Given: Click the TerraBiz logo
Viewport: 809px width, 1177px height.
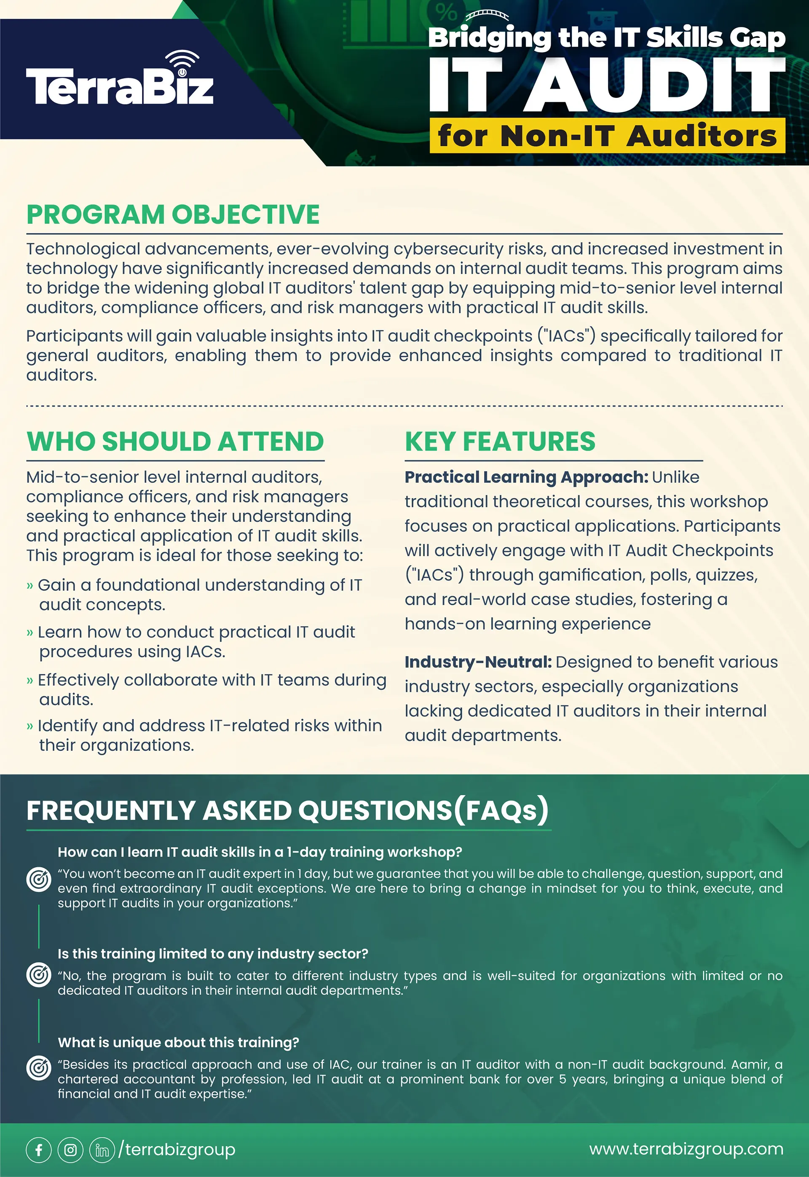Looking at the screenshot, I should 120,86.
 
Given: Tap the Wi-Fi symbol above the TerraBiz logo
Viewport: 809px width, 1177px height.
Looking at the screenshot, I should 182,62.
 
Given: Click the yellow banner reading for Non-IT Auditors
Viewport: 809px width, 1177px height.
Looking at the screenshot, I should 607,136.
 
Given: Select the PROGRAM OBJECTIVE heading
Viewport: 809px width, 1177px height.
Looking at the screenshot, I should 173,214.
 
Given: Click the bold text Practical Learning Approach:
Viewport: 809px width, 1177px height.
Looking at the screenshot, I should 526,477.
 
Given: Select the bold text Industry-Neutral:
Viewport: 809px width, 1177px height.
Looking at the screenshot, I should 477,662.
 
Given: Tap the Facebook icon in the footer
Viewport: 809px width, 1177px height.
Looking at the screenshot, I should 39,1150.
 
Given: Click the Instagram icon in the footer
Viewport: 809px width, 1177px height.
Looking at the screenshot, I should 70,1150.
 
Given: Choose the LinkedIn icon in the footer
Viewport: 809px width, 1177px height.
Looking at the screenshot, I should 102,1150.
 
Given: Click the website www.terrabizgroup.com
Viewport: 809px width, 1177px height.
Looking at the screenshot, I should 686,1149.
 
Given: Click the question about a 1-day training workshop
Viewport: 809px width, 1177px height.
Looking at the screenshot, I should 260,852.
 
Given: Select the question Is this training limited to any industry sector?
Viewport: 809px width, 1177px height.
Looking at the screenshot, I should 212,954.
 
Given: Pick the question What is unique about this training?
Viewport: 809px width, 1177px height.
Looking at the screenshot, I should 178,1042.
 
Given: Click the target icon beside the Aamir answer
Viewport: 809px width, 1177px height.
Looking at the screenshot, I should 39,1068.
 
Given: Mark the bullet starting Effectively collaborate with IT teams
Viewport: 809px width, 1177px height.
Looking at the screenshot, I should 212,680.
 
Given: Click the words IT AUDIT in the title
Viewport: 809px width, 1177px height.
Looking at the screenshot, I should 606,85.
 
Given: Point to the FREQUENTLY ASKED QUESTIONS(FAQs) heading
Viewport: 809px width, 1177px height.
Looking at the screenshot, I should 287,810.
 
